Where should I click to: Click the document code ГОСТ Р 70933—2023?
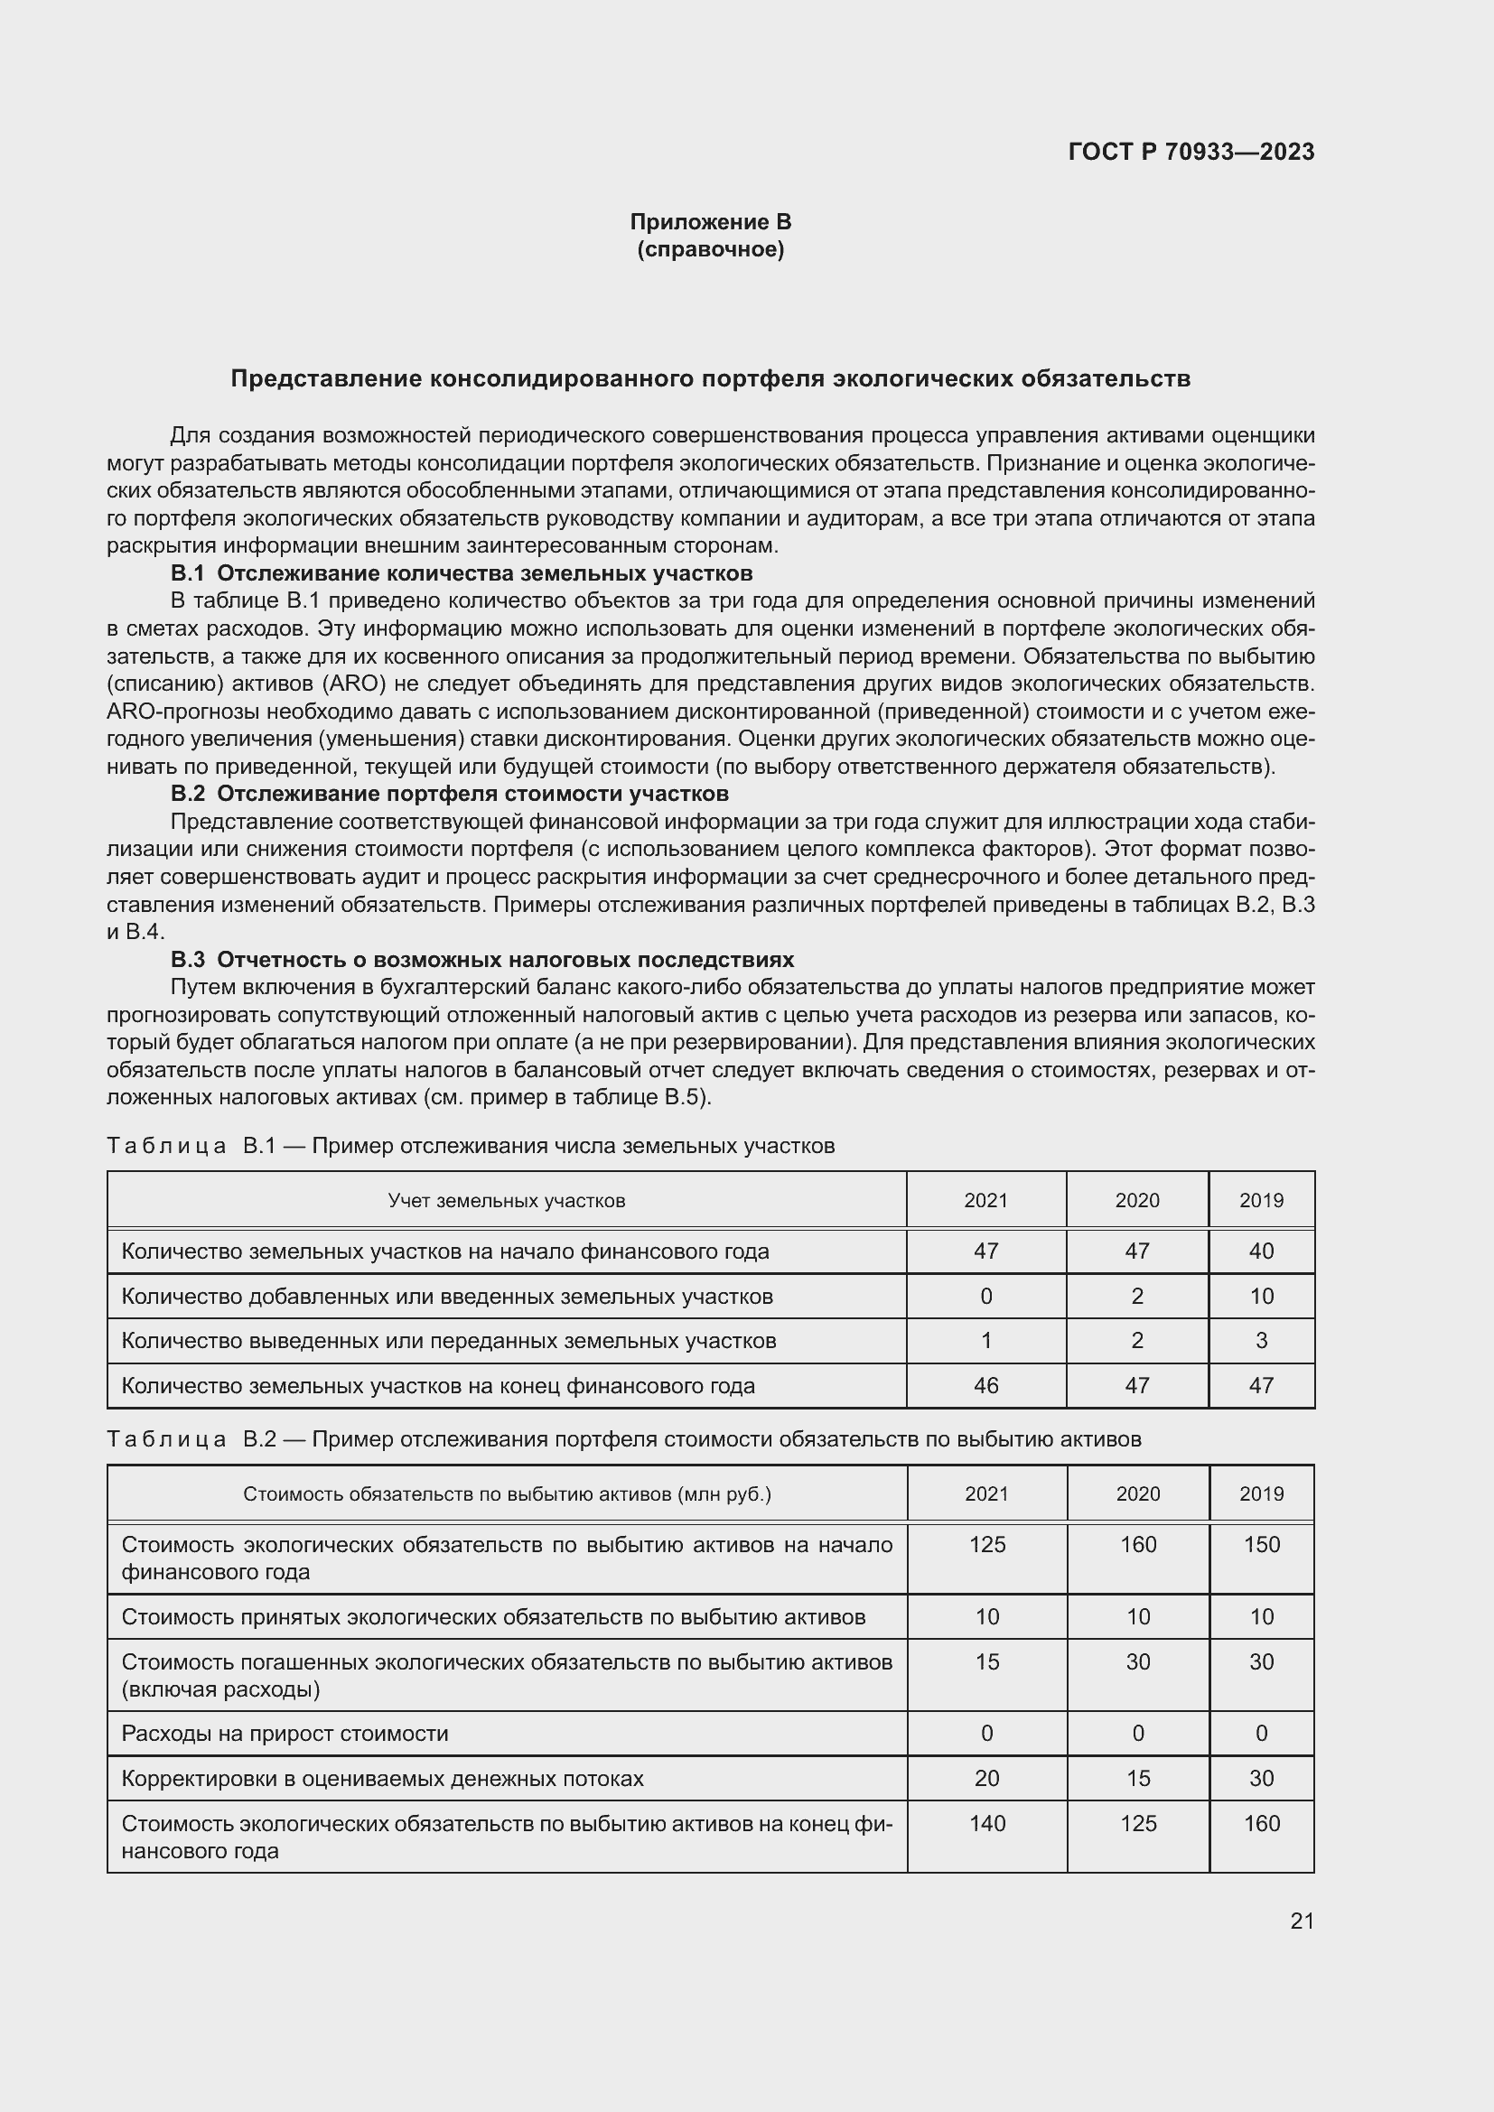1191,153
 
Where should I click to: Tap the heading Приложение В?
710,222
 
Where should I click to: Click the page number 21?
1302,1921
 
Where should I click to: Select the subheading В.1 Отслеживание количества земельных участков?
462,573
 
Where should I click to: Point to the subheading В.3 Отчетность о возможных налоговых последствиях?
482,960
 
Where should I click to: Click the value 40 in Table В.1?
1261,1251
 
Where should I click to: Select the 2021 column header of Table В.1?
985,1200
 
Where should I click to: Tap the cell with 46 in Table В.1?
985,1385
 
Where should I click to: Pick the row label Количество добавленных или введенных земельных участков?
447,1296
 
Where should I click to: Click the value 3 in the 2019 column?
1261,1340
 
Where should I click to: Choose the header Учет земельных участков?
506,1200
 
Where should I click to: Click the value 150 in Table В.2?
1261,1544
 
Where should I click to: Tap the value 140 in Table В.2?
986,1823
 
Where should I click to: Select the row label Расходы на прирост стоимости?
285,1734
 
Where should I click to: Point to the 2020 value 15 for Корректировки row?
1138,1778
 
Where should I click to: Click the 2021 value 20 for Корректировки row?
986,1778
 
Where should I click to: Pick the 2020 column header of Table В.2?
1138,1493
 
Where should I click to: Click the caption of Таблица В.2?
624,1438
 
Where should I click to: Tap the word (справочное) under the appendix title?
710,249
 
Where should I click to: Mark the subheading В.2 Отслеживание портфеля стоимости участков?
450,793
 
